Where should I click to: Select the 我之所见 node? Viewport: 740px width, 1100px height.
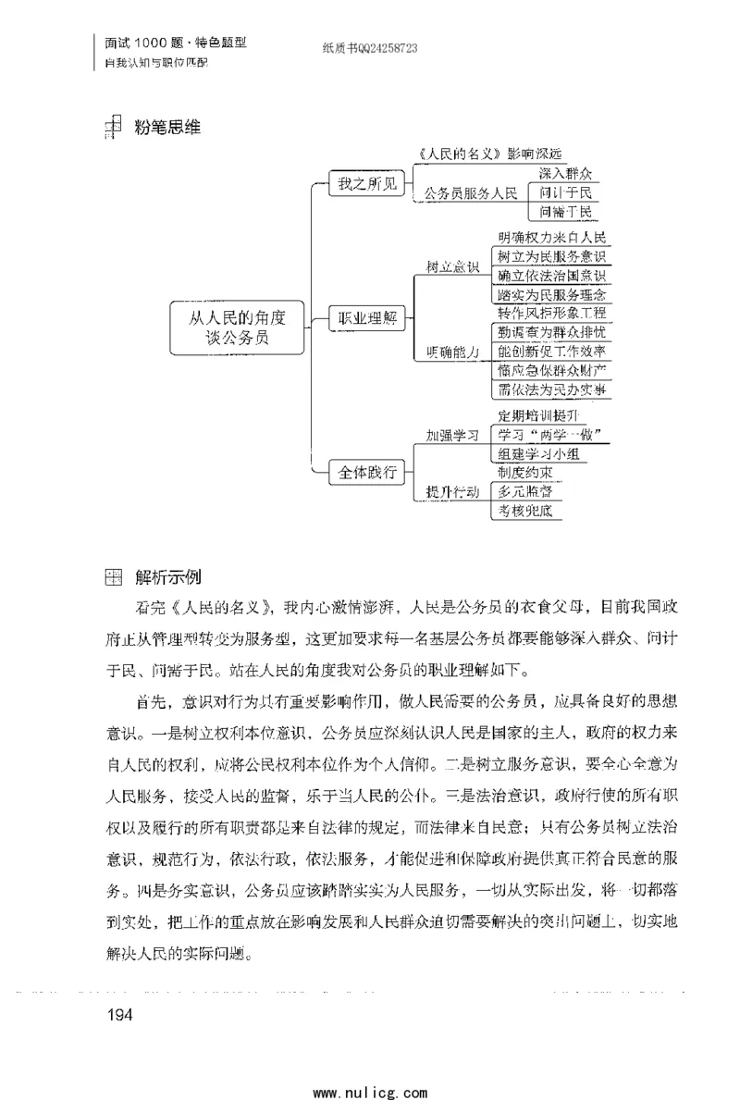pyautogui.click(x=366, y=184)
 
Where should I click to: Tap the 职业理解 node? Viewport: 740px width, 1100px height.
pyautogui.click(x=366, y=319)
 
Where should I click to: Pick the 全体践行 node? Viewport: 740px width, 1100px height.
pyautogui.click(x=366, y=473)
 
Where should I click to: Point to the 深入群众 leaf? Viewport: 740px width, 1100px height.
pyautogui.click(x=564, y=173)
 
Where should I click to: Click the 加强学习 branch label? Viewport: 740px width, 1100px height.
pyautogui.click(x=451, y=434)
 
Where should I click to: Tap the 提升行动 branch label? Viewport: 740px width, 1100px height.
pyautogui.click(x=451, y=491)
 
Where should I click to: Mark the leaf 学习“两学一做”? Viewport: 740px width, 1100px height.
pyautogui.click(x=538, y=435)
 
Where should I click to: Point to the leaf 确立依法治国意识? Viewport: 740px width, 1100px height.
pyautogui.click(x=551, y=276)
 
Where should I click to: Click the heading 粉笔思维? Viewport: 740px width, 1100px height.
pyautogui.click(x=167, y=128)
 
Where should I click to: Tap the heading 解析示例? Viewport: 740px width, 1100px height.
pyautogui.click(x=167, y=578)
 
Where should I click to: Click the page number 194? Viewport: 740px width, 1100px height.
pyautogui.click(x=121, y=1016)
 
